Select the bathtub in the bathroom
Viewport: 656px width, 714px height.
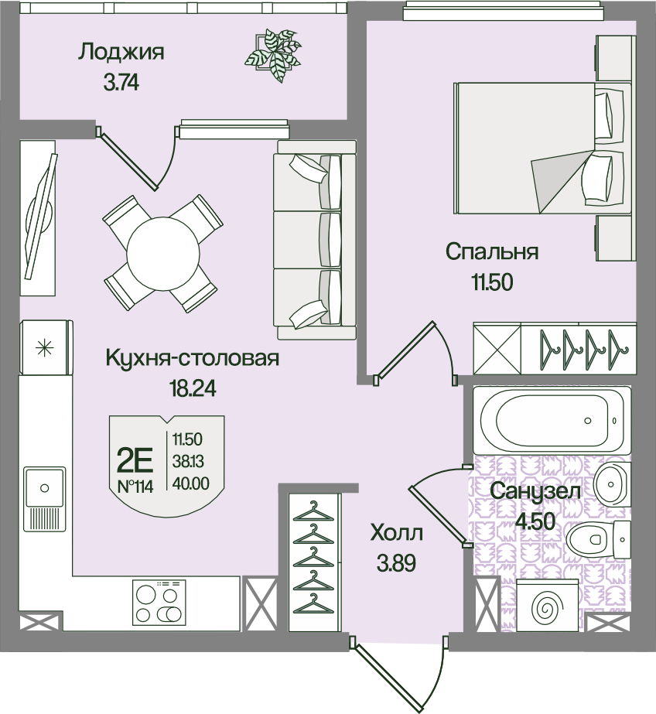[552, 420]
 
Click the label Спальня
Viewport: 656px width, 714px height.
[492, 252]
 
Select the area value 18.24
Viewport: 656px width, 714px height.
[192, 388]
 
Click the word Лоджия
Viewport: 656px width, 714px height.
[121, 53]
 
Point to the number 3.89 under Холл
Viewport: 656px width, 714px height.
[396, 564]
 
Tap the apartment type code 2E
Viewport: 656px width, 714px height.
[135, 460]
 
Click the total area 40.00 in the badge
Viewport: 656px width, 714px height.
[191, 483]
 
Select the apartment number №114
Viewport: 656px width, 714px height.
[135, 487]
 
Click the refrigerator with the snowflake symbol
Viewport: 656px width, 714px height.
[46, 348]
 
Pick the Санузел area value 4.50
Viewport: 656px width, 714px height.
[535, 521]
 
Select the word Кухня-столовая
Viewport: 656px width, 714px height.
[192, 358]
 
